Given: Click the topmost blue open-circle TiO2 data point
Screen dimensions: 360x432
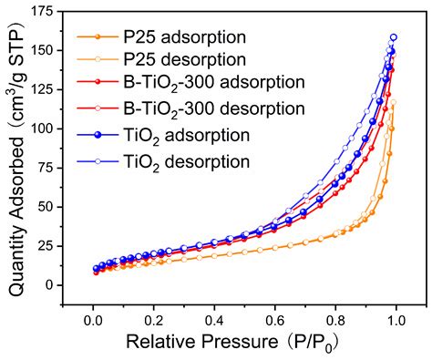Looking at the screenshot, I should [394, 37].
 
